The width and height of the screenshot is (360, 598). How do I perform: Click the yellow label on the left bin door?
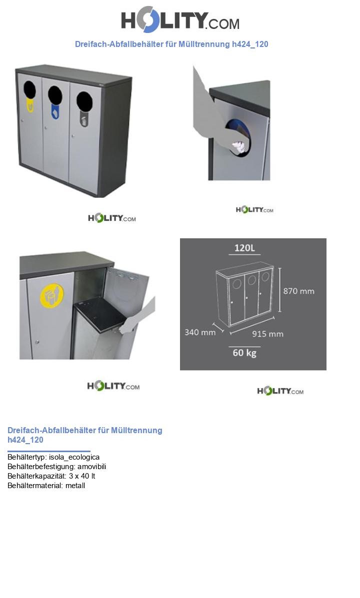30,105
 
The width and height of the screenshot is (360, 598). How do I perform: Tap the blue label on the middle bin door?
55,112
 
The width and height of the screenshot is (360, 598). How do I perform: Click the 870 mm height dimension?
298,291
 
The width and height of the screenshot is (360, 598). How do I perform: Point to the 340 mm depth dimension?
200,332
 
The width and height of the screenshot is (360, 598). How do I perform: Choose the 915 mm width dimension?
267,334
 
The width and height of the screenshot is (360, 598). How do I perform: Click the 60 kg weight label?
244,353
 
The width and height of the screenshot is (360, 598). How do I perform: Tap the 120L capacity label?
244,248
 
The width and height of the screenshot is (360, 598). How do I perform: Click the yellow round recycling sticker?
52,296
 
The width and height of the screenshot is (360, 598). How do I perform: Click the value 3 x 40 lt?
82,476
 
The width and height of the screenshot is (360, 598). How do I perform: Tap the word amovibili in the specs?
92,467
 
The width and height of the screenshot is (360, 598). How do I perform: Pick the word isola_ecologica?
74,457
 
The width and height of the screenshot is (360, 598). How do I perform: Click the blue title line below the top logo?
171,44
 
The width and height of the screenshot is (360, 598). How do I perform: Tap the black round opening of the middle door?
55,95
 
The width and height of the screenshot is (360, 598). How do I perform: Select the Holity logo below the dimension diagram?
280,391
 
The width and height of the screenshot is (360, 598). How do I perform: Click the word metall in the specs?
75,486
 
